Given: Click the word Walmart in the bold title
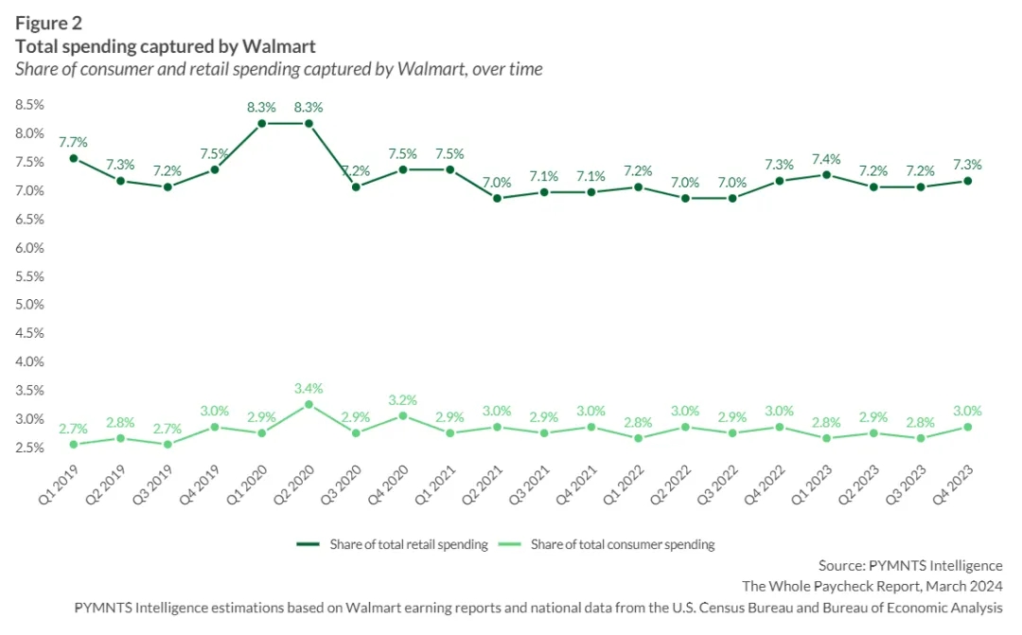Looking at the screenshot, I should pos(281,45).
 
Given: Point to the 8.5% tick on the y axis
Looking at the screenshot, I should pos(30,105).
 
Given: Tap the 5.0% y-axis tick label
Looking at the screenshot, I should pos(30,305).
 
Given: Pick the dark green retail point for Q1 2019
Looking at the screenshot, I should pos(73,158).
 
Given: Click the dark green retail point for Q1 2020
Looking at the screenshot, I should pos(261,123).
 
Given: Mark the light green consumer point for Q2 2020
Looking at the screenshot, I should pos(308,404).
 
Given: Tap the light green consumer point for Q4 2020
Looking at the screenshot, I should pos(402,415).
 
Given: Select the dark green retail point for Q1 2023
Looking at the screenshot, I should pos(827,175).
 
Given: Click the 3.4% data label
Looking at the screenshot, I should pos(308,388).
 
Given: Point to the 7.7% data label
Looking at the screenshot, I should pos(73,142).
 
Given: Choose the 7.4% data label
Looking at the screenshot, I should pos(827,158).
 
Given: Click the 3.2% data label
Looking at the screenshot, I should pos(402,399).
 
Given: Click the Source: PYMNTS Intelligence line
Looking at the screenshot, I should pos(909,566).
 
